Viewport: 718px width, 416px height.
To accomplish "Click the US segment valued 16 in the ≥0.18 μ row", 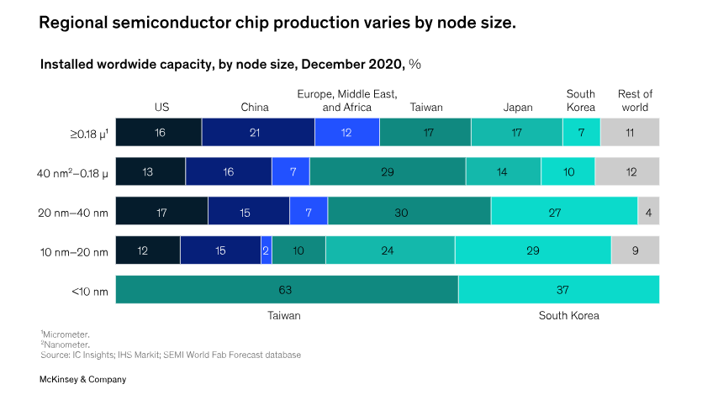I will click(x=159, y=133).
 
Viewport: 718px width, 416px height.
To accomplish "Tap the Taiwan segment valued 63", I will click(x=287, y=290).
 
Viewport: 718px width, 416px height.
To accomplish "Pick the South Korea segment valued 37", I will click(x=559, y=290).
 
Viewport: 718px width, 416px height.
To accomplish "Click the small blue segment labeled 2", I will click(x=266, y=250).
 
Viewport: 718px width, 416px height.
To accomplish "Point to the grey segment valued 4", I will click(x=648, y=212).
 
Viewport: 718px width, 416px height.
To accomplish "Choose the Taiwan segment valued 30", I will click(x=409, y=212).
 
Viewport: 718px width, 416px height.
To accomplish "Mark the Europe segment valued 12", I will click(x=347, y=133).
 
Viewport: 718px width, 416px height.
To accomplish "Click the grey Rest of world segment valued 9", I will click(x=635, y=250).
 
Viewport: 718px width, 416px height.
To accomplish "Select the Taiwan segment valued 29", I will click(x=388, y=171).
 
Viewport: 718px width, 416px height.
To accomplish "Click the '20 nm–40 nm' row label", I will click(x=74, y=213).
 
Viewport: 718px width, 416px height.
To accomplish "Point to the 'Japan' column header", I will click(x=518, y=108).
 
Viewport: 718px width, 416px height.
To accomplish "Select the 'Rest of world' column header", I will click(x=635, y=101).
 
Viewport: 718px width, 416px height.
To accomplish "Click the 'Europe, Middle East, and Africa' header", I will click(x=347, y=101).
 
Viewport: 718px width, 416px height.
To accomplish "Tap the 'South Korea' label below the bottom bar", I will click(x=568, y=316).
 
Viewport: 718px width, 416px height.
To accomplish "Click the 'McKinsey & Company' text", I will click(x=83, y=380).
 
